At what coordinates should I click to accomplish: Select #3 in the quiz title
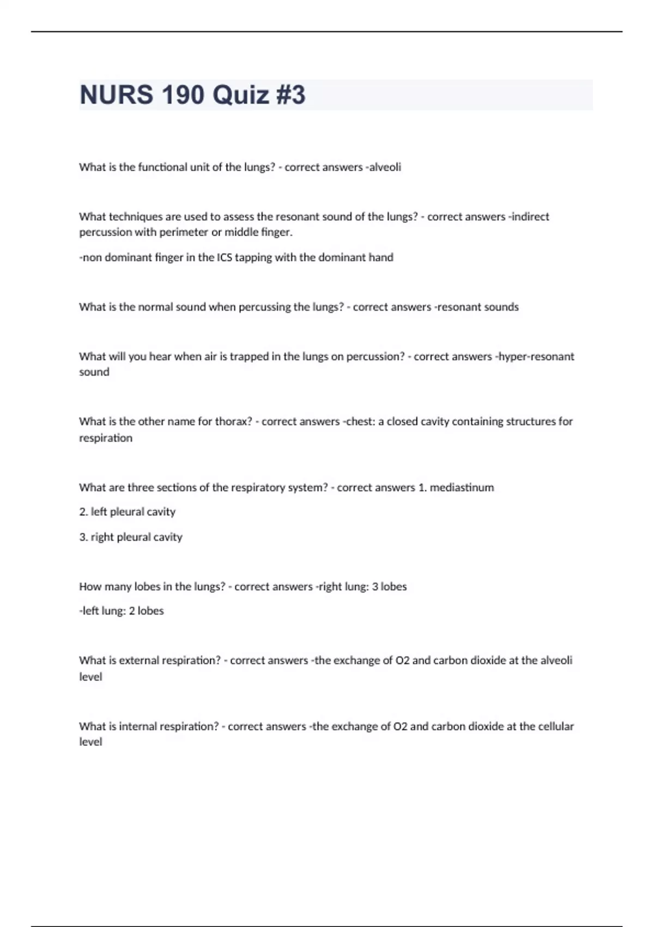[x=291, y=95]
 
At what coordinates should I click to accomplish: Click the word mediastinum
[x=462, y=487]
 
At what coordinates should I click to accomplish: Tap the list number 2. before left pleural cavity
[x=83, y=512]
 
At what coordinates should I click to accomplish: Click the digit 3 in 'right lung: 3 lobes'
[x=375, y=587]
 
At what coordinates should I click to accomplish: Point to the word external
[x=142, y=660]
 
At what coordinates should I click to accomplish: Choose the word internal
[x=141, y=726]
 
